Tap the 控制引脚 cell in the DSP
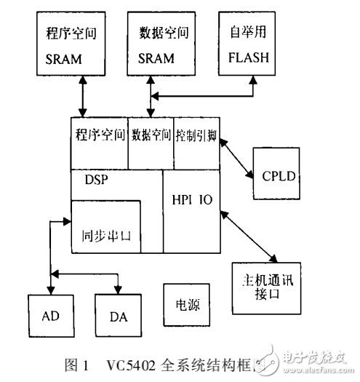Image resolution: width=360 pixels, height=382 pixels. click(196, 135)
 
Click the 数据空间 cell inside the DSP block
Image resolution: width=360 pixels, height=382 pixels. click(151, 135)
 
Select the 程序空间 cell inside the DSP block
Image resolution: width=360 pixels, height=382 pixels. click(99, 135)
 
